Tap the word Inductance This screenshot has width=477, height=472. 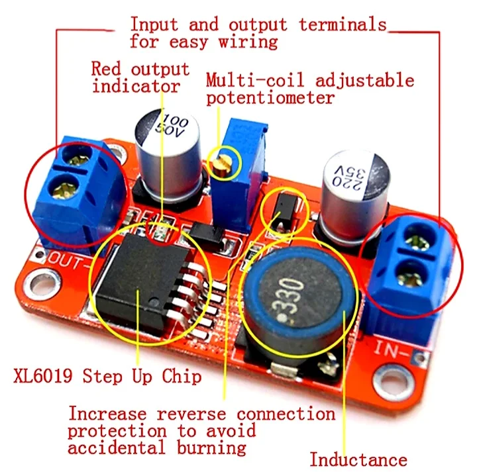358,459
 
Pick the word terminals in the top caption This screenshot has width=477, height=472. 343,25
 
